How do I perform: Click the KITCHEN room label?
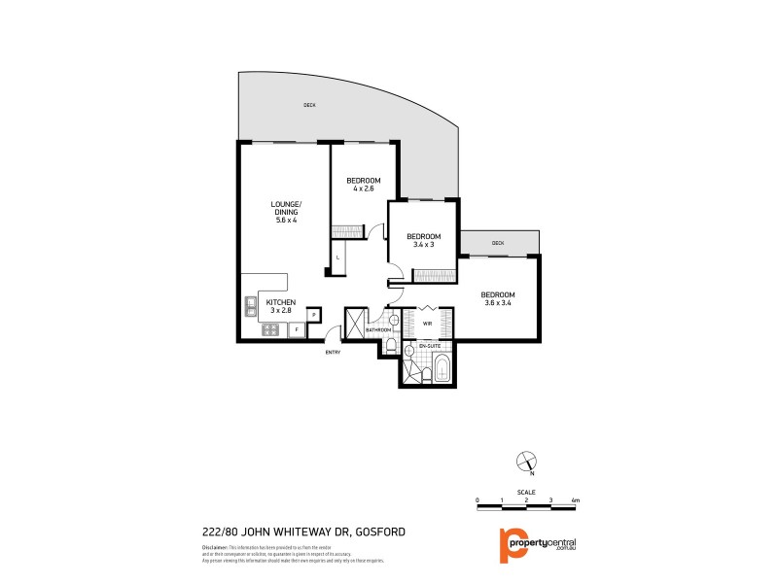pos(281,302)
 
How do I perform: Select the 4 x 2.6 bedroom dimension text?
pos(364,189)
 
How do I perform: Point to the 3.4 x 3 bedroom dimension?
pos(424,245)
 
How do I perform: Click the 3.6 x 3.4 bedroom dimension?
pos(497,303)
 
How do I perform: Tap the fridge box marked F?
pos(297,330)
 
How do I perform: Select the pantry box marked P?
pos(314,314)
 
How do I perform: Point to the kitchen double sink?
pos(250,306)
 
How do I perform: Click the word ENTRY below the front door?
pos(333,352)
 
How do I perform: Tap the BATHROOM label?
pos(377,330)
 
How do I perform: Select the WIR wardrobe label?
pos(427,323)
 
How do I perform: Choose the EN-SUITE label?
pos(429,347)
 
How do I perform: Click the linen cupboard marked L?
pos(337,257)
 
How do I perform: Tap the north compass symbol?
pos(526,461)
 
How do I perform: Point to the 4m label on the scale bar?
pos(576,499)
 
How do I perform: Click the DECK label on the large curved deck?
pos(309,105)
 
